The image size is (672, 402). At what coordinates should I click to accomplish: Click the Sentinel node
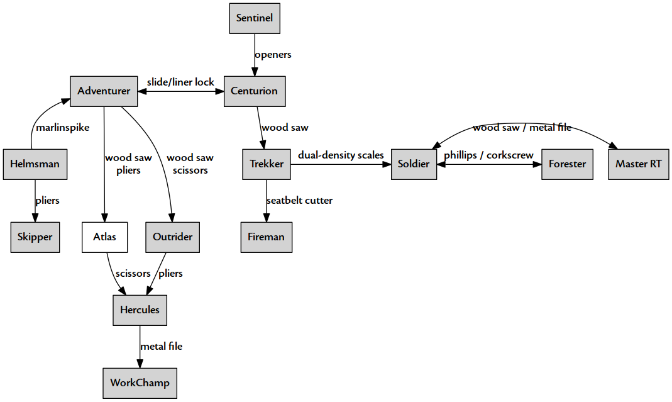pos(254,18)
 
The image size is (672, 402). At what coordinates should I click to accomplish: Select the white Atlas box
pos(104,237)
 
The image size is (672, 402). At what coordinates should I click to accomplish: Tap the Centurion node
pos(254,91)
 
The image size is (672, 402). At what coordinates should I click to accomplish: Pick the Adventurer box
pos(104,91)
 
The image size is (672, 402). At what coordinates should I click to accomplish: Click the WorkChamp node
pos(140,383)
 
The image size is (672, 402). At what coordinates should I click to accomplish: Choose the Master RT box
pos(638,164)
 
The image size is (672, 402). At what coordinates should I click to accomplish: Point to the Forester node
pos(567,164)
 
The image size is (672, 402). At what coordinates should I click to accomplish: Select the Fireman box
pos(266,237)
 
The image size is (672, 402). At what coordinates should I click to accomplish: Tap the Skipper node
pos(35,237)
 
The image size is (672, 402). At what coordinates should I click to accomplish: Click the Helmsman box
pos(35,164)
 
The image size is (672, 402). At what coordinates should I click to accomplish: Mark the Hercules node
pos(140,310)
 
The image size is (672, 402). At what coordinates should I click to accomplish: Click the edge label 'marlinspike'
pos(62,128)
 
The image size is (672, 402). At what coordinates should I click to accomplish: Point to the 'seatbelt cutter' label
pos(299,201)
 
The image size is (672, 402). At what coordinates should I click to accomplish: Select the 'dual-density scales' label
pos(341,155)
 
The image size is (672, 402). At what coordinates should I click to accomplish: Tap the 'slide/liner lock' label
pos(180,82)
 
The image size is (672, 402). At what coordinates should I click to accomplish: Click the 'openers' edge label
pos(273,55)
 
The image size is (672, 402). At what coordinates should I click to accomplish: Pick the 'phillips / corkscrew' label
pos(488,155)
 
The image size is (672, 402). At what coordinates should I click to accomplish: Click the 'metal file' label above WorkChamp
pos(161,347)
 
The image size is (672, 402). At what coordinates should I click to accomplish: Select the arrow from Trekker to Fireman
pos(267,201)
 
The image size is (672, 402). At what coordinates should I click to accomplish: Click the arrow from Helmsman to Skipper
pos(35,201)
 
